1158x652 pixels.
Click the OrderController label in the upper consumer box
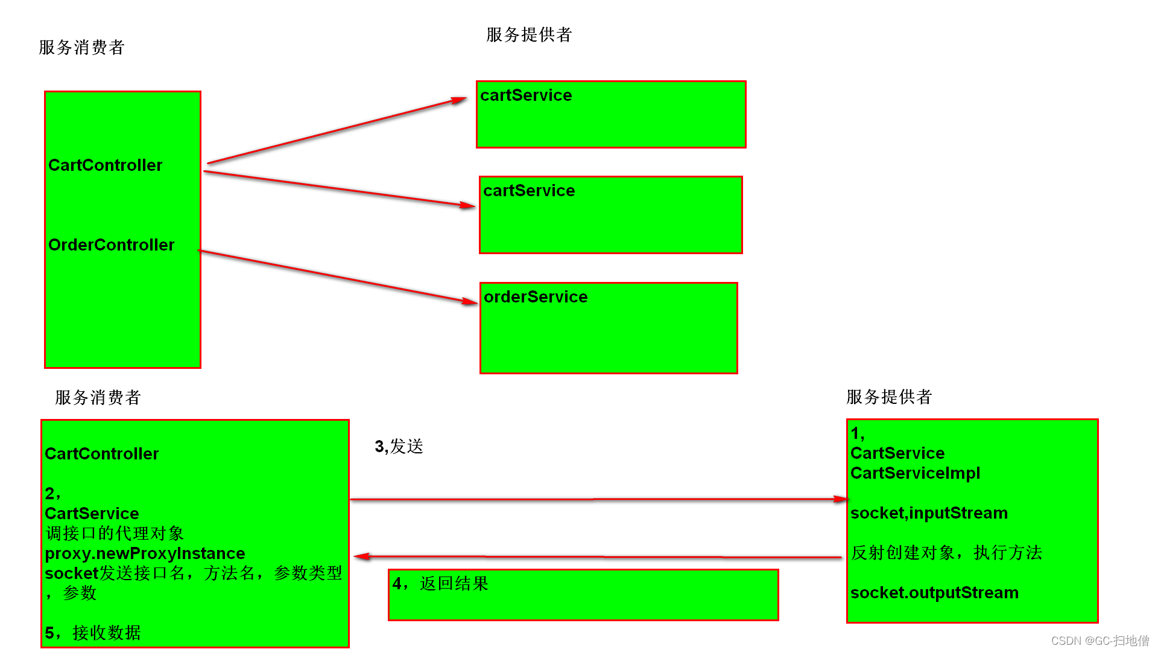tap(111, 245)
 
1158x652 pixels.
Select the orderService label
tap(536, 297)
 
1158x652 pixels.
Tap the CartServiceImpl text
tap(915, 473)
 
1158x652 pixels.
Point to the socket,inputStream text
tap(929, 513)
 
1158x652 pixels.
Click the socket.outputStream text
tap(934, 593)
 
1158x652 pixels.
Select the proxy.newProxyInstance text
tap(145, 554)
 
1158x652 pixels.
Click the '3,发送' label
tap(399, 447)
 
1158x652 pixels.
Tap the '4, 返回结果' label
tap(440, 584)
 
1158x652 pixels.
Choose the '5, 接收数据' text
tap(93, 633)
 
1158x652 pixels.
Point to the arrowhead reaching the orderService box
tap(470, 301)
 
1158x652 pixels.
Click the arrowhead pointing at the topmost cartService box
tap(460, 100)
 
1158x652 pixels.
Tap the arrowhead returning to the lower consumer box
tap(361, 556)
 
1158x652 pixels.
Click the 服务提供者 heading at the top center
tap(529, 35)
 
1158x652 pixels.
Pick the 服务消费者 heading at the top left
tap(81, 48)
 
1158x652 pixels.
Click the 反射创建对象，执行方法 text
tap(946, 553)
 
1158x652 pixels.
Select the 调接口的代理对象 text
tap(115, 534)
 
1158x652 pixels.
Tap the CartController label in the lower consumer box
tap(101, 454)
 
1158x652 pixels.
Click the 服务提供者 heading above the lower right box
tap(889, 397)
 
